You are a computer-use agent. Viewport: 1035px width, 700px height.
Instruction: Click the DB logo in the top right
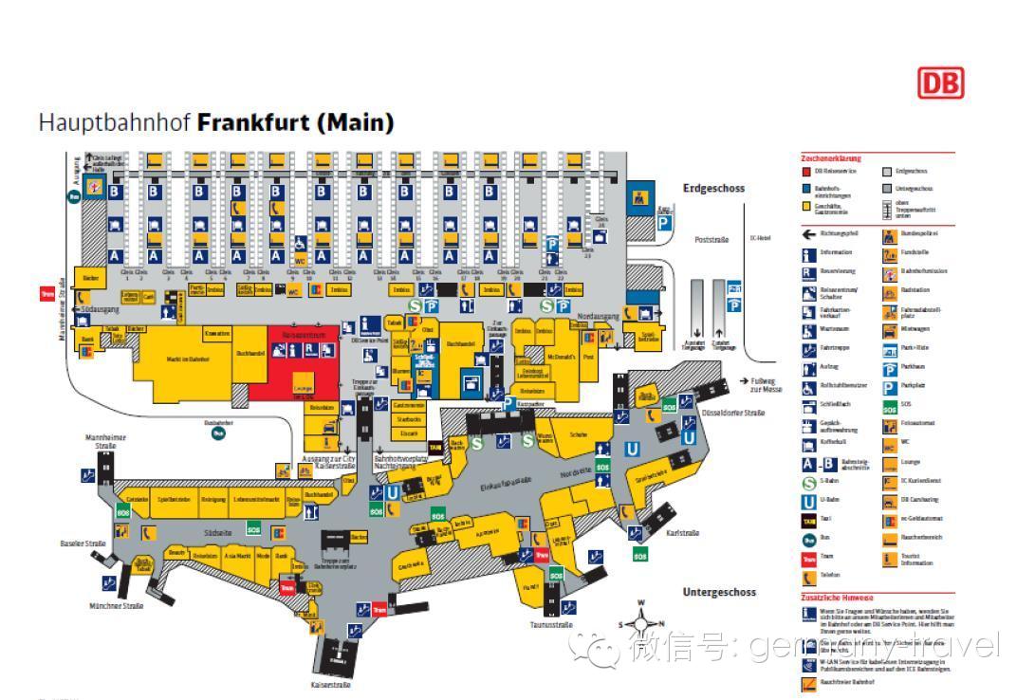pyautogui.click(x=939, y=83)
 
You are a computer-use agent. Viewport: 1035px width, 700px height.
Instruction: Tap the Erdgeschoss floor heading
pyautogui.click(x=713, y=188)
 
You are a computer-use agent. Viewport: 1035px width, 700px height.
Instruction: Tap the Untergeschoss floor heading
pyautogui.click(x=719, y=592)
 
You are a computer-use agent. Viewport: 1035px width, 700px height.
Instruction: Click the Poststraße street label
pyautogui.click(x=712, y=239)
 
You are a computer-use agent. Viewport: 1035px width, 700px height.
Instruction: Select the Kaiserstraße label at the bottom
pyautogui.click(x=331, y=685)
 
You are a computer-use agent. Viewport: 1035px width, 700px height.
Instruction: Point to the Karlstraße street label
pyautogui.click(x=682, y=533)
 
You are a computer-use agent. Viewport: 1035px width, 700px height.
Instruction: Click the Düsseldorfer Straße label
pyautogui.click(x=732, y=414)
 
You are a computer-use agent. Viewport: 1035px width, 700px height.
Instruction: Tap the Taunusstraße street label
pyautogui.click(x=551, y=625)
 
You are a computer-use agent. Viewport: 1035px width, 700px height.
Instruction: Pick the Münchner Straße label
pyautogui.click(x=117, y=605)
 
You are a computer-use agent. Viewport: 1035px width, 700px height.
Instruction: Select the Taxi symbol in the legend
pyautogui.click(x=808, y=519)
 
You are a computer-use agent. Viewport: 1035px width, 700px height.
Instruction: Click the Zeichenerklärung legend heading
pyautogui.click(x=831, y=158)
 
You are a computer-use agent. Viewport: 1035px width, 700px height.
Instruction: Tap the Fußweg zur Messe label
pyautogui.click(x=766, y=384)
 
